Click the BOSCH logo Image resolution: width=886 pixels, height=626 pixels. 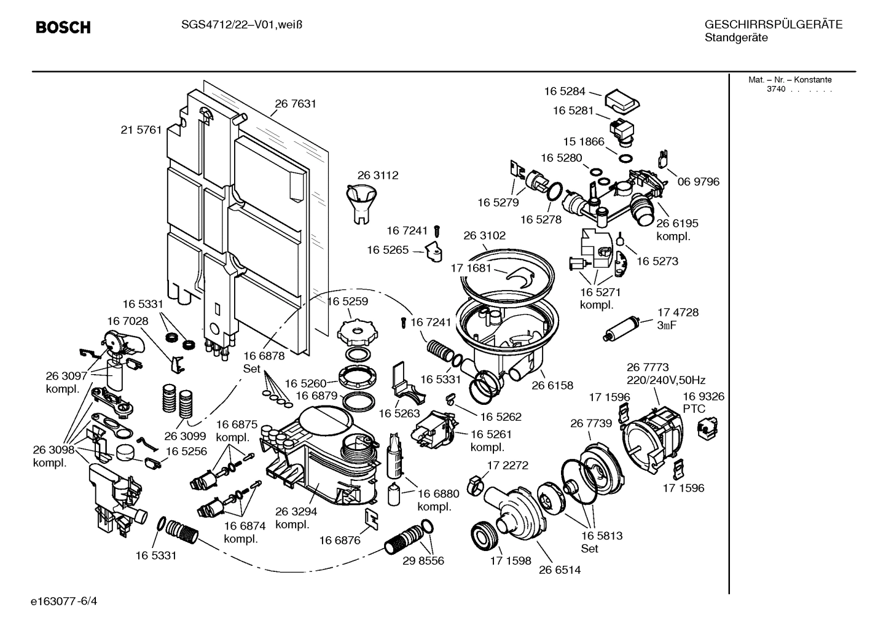[x=63, y=28]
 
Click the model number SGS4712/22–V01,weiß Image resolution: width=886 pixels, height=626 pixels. [x=243, y=25]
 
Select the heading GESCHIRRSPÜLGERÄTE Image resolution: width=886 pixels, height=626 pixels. [x=773, y=25]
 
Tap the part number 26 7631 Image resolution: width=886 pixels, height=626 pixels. [x=296, y=104]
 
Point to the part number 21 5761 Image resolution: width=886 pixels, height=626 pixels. [x=141, y=130]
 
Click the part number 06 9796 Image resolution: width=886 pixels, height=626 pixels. [x=699, y=182]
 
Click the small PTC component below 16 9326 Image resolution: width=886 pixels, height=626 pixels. [x=705, y=427]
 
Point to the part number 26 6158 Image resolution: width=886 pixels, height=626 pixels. [x=552, y=386]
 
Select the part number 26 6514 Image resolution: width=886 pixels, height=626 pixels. [x=560, y=569]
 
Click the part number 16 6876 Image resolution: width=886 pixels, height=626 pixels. [x=339, y=541]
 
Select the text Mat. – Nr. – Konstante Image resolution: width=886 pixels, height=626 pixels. [x=790, y=80]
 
